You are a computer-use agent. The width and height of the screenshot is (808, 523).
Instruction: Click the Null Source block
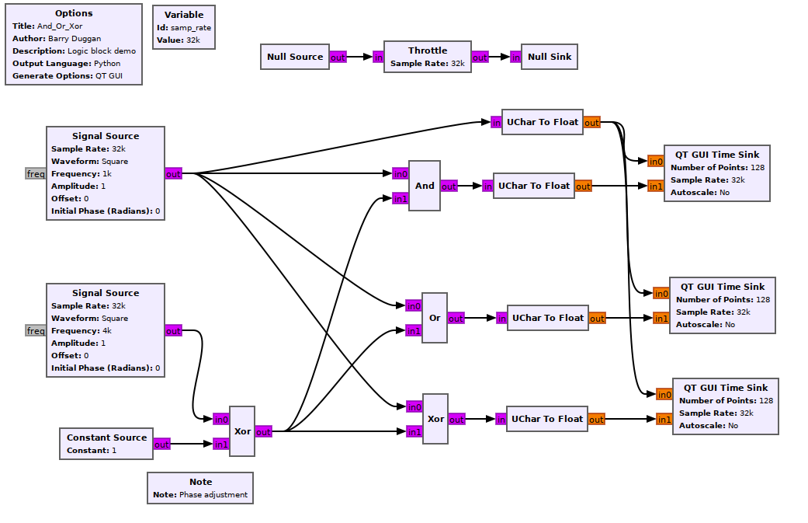(294, 57)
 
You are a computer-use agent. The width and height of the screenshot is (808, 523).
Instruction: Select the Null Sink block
(550, 57)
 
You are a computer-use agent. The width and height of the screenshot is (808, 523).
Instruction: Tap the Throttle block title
(428, 51)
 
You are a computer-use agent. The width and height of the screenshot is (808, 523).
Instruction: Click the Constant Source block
(106, 443)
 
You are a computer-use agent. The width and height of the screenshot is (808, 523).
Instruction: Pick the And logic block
(425, 186)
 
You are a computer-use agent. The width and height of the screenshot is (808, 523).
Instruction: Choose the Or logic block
(435, 318)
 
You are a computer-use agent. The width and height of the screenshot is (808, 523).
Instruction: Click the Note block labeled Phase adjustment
(200, 488)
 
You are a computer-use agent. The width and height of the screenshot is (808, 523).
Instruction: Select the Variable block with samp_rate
(184, 27)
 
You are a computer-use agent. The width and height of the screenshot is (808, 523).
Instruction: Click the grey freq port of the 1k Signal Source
(36, 174)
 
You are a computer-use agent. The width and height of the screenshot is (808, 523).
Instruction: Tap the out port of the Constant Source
(161, 445)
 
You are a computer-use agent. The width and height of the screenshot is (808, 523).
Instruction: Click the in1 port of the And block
(400, 199)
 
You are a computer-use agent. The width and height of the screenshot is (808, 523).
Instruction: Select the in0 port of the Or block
(414, 305)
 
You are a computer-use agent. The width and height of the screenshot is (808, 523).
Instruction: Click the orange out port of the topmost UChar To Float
(591, 122)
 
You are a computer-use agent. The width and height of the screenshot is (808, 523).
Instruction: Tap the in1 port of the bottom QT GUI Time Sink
(664, 420)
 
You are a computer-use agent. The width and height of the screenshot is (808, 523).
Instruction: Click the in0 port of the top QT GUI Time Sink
(656, 162)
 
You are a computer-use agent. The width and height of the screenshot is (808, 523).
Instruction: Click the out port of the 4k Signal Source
(173, 331)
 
